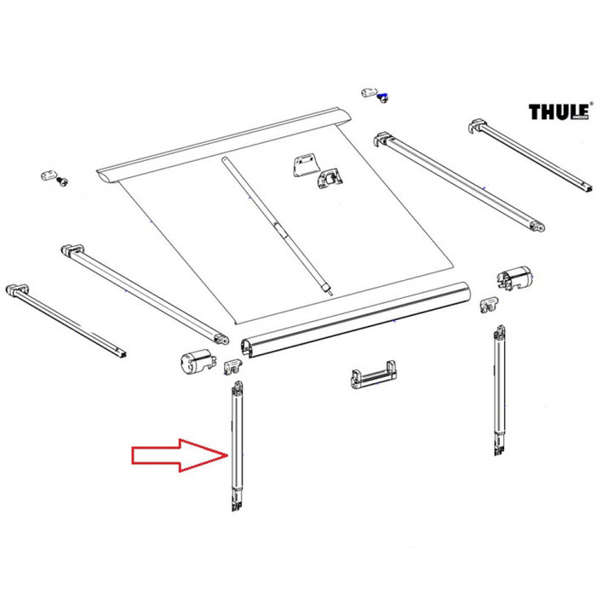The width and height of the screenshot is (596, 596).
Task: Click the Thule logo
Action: (559, 112)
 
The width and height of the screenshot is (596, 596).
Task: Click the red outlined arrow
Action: (179, 455)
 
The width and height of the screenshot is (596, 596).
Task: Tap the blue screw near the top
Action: (382, 98)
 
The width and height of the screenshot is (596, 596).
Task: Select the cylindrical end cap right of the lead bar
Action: (516, 278)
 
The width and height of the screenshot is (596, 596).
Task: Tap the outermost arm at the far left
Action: (65, 319)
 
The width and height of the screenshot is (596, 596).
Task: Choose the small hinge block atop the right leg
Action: (488, 304)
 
